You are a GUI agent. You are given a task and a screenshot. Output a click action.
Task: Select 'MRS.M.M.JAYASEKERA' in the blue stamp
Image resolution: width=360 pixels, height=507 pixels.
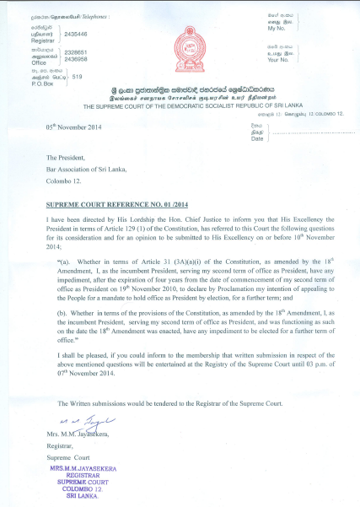tap(87, 467)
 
